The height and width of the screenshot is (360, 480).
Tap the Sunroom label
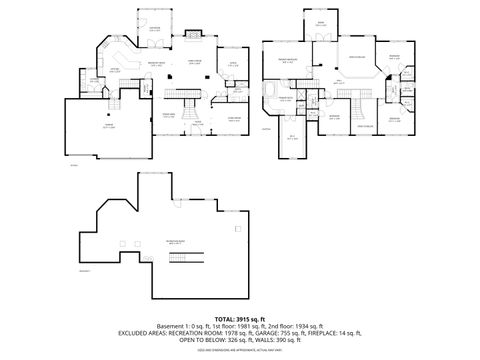(153, 29)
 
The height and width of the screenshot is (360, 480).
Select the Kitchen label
(114, 69)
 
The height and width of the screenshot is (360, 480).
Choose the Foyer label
(198, 122)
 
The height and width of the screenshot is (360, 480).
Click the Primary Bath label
(287, 99)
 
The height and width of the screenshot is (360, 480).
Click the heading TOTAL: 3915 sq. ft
(239, 317)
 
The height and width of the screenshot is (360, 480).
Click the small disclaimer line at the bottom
(239, 349)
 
